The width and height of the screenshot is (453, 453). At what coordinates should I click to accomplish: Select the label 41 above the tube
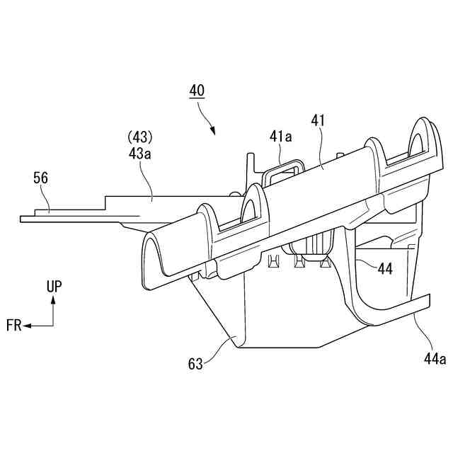tap(317, 121)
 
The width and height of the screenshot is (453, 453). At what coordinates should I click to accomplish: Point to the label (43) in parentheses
tap(140, 135)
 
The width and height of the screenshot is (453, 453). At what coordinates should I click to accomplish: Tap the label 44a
tap(434, 359)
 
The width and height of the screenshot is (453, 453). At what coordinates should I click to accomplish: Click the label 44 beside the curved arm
tap(385, 268)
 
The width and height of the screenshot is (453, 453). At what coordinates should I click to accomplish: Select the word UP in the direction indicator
tap(54, 287)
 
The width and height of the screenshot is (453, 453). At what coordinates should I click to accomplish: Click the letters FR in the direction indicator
tap(13, 326)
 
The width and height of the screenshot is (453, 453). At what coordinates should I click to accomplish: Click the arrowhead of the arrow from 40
tap(213, 130)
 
